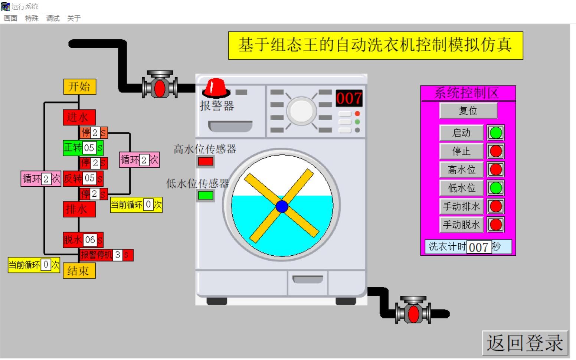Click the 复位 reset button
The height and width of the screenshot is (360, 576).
coord(468,111)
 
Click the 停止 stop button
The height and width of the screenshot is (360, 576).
coord(461,151)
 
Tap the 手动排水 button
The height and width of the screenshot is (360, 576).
coord(461,206)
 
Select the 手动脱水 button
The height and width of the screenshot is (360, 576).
coord(461,225)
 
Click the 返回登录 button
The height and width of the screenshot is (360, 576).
coord(525,343)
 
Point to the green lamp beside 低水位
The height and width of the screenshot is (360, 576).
coord(496,188)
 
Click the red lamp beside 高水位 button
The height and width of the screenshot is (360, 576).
coord(496,170)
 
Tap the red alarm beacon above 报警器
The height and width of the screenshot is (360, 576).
coord(215,88)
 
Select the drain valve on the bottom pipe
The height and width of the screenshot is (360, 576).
coord(413,313)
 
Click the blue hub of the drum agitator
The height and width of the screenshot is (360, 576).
coord(282,206)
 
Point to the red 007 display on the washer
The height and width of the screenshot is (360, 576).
coord(349,98)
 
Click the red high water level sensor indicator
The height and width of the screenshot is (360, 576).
coord(206,161)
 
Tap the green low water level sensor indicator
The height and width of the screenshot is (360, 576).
coord(206,195)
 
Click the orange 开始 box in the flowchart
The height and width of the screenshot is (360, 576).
coord(79,87)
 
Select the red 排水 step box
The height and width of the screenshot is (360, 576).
coord(79,209)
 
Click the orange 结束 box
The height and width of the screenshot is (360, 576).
coord(79,271)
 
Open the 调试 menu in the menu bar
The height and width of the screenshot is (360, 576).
coord(53,18)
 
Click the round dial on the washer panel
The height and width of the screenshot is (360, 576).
coord(301,110)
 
